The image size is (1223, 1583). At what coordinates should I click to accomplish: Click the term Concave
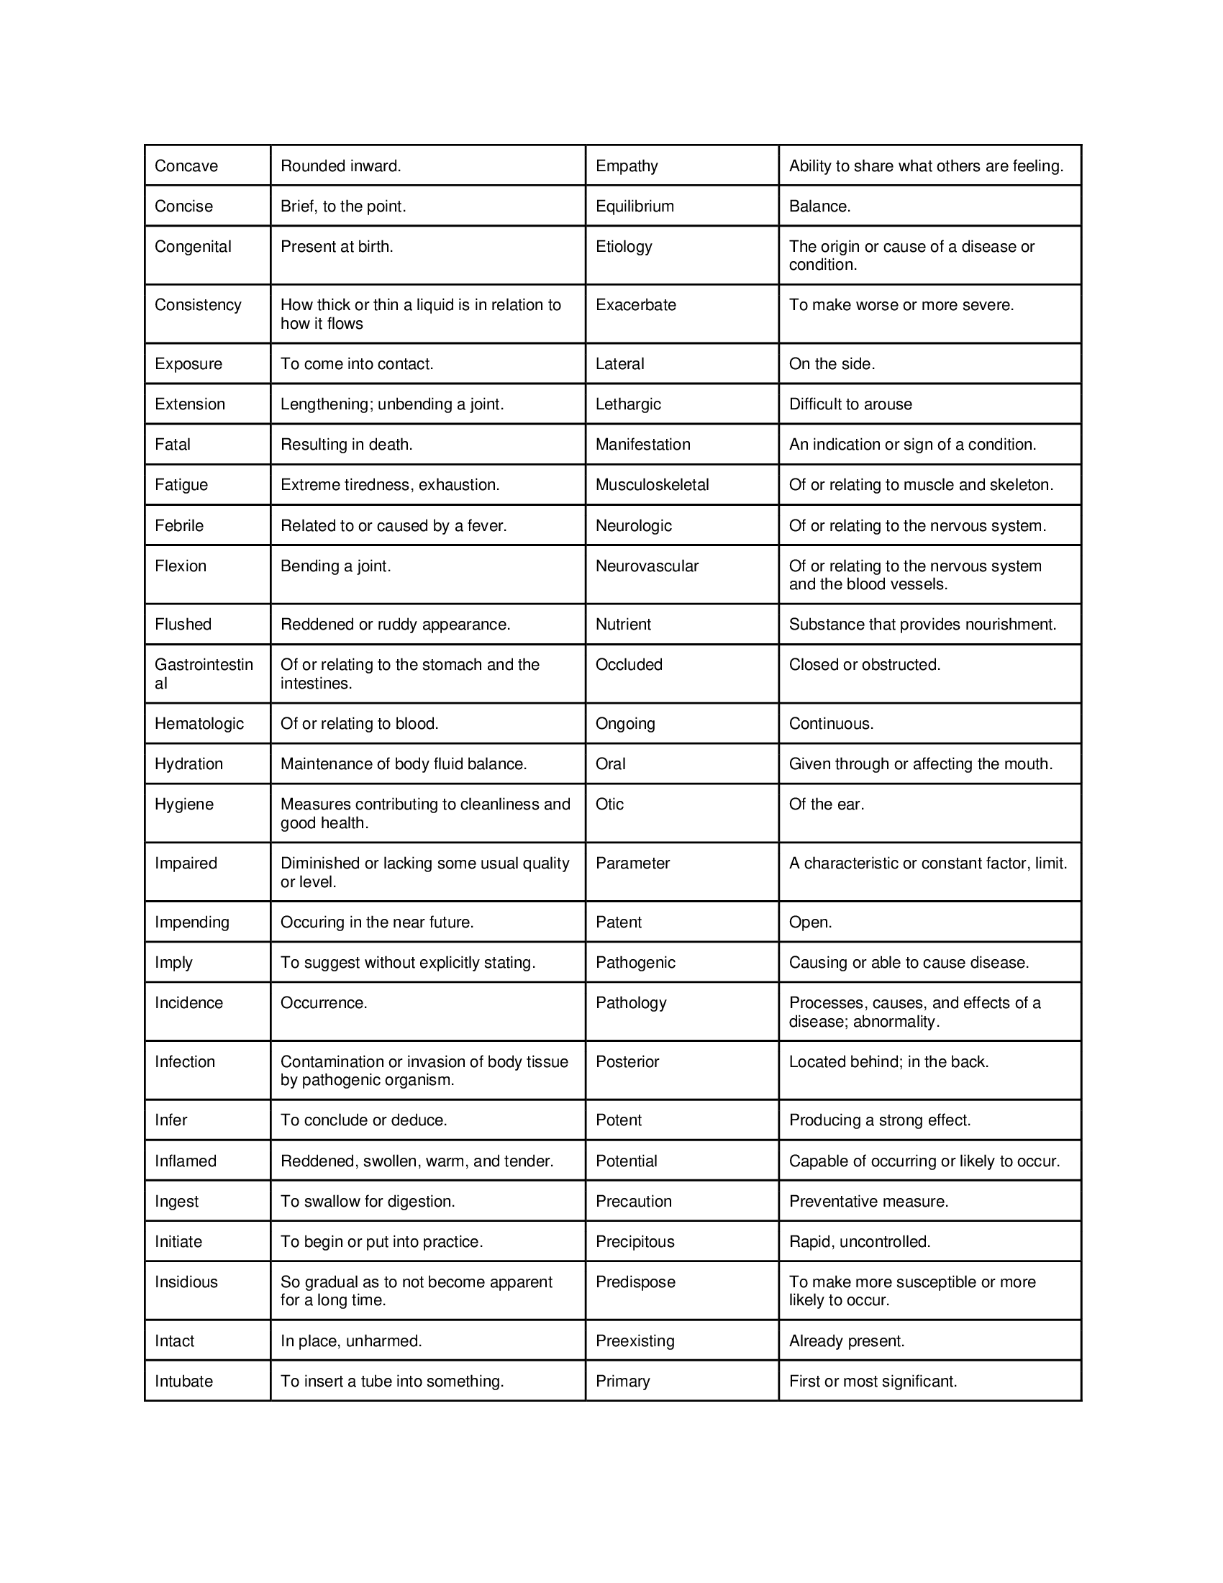coord(186,166)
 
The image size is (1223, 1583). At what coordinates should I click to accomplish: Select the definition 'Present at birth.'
coord(337,246)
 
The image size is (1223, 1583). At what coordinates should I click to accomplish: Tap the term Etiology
coord(624,246)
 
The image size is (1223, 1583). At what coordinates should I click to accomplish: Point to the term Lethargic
coord(628,404)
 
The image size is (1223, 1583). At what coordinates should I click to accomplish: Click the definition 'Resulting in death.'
coord(346,444)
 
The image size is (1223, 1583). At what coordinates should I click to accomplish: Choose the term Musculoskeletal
coord(652,485)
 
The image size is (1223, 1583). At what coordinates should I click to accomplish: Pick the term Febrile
coord(179,525)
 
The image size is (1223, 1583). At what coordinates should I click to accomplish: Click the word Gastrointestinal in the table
coord(204,673)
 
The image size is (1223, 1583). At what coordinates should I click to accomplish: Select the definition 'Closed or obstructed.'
coord(864,665)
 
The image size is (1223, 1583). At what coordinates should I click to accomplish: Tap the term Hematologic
coord(199,723)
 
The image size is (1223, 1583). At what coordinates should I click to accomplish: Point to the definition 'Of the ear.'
coord(827,804)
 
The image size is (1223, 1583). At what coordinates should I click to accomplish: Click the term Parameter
coord(632,863)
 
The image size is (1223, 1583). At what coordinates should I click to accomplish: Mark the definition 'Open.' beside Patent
coord(811,922)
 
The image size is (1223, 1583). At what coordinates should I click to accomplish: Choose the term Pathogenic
coord(635,963)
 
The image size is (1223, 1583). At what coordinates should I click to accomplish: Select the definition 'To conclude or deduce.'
coord(364,1120)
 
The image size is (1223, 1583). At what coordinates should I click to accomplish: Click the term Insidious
coord(186,1282)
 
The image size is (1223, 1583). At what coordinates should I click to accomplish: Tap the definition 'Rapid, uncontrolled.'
coord(859,1242)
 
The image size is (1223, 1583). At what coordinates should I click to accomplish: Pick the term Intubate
coord(184,1381)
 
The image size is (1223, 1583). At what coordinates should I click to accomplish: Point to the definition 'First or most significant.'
coord(873,1381)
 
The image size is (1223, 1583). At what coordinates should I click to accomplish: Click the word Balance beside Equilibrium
coord(819,207)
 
